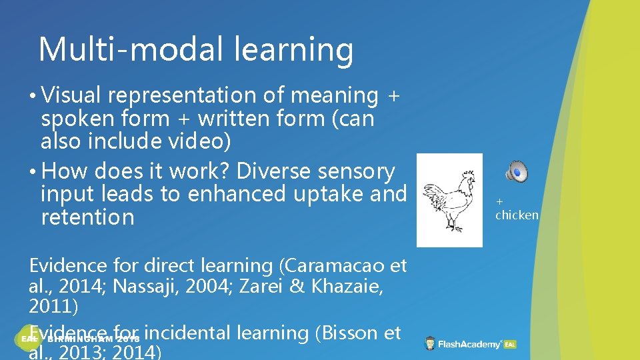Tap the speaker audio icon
pos(517,172)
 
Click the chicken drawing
pos(449,200)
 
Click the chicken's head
pos(469,178)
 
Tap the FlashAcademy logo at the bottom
pos(471,344)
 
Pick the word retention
pos(87,217)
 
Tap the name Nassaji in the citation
pos(149,287)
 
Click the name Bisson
pos(347,332)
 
